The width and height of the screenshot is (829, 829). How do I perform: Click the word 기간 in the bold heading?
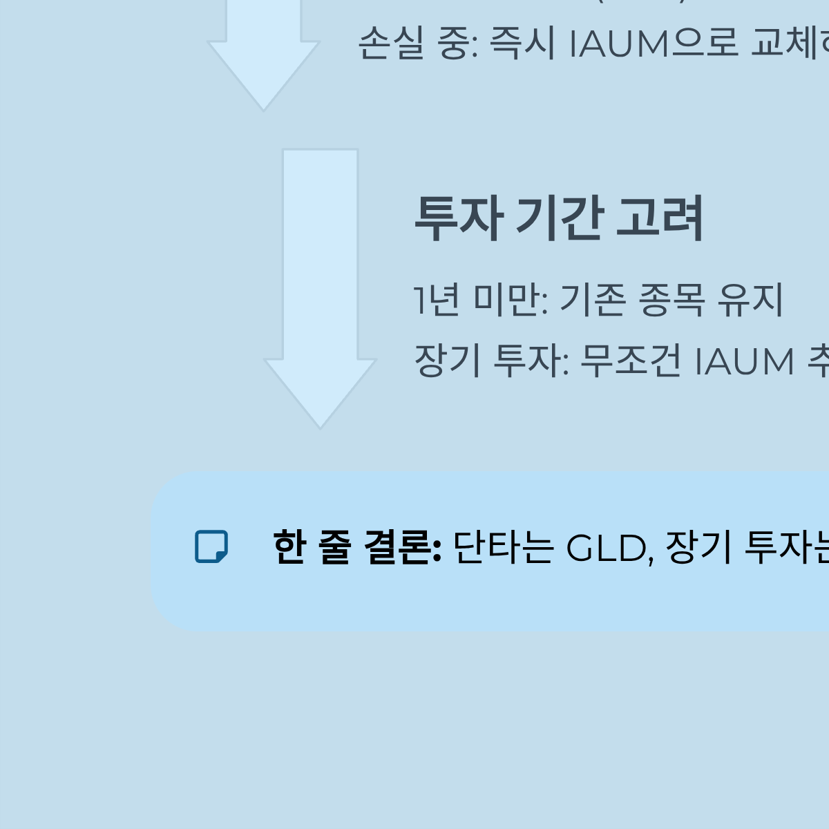560,218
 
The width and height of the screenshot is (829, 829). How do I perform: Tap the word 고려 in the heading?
659,218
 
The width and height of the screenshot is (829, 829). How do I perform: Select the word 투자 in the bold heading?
457,218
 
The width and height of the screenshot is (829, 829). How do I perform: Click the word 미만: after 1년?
511,300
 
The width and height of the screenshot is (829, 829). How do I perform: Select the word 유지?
751,300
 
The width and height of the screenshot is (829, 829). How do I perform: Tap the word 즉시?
522,44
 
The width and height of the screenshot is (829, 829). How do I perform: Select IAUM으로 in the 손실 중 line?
654,44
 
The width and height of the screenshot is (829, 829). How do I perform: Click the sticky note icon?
211,547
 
